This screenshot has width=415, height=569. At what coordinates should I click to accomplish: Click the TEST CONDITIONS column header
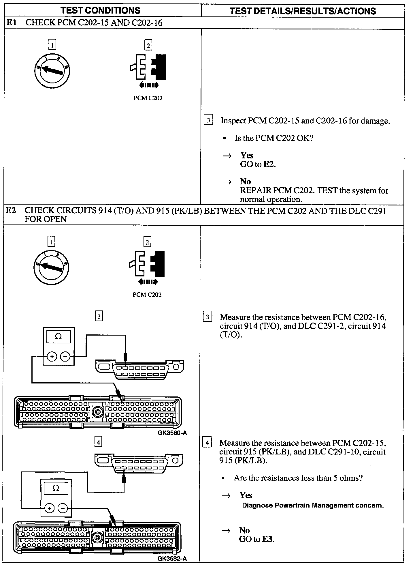[100, 11]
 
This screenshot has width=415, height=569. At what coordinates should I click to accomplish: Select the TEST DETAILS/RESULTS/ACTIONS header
[303, 11]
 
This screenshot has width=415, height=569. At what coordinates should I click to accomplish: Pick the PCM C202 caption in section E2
[147, 295]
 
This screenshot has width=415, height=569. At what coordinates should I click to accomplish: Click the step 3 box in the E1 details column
[208, 120]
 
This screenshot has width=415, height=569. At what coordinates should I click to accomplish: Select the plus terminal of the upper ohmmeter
[52, 357]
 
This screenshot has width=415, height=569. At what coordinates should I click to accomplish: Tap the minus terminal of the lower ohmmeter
[63, 508]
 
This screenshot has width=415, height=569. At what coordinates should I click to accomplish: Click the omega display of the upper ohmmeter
[58, 337]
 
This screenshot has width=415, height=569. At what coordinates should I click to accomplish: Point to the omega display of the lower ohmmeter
[56, 488]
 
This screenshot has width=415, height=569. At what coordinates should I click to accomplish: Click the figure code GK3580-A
[172, 433]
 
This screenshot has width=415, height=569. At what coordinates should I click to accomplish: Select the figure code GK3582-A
[172, 558]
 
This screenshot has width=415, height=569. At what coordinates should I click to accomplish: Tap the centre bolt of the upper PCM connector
[97, 412]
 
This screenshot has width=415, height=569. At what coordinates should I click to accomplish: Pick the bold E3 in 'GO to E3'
[268, 539]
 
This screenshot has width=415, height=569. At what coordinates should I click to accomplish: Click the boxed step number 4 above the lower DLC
[98, 442]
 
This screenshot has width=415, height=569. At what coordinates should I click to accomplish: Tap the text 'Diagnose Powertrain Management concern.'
[313, 505]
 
